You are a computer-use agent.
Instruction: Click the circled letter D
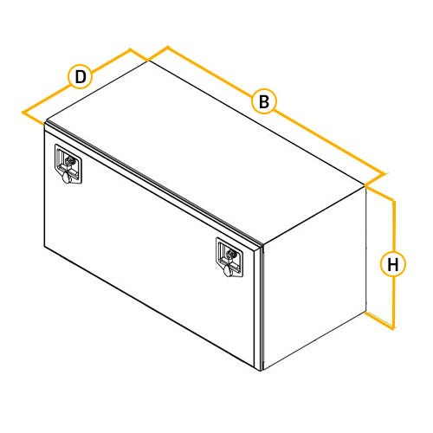point(81,77)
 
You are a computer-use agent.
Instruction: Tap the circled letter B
point(264,101)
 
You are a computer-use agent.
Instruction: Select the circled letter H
point(393,264)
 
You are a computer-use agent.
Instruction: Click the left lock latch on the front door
point(68,164)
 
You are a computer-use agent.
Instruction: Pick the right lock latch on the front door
point(229,258)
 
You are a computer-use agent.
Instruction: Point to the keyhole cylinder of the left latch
point(69,159)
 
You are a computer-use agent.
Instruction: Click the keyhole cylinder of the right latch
point(231,254)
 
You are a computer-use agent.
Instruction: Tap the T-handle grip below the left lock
point(68,177)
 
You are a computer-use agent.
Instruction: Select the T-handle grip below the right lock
point(228,271)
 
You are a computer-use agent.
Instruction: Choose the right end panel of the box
point(314,278)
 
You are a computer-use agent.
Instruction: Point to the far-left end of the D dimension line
point(23,112)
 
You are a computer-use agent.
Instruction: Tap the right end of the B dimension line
point(385,174)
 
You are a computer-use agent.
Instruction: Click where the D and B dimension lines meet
point(148,61)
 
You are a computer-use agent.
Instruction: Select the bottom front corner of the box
point(261,371)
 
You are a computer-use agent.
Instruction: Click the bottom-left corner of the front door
point(44,246)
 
